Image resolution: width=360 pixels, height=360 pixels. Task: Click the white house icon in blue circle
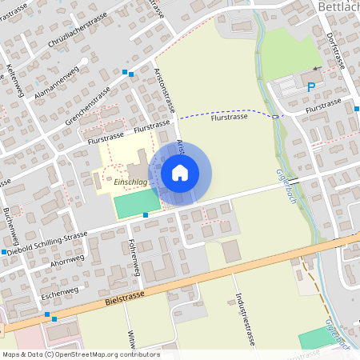point(180,173)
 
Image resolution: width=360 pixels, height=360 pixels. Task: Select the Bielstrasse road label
point(126,298)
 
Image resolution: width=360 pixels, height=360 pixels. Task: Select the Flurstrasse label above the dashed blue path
point(229,117)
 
